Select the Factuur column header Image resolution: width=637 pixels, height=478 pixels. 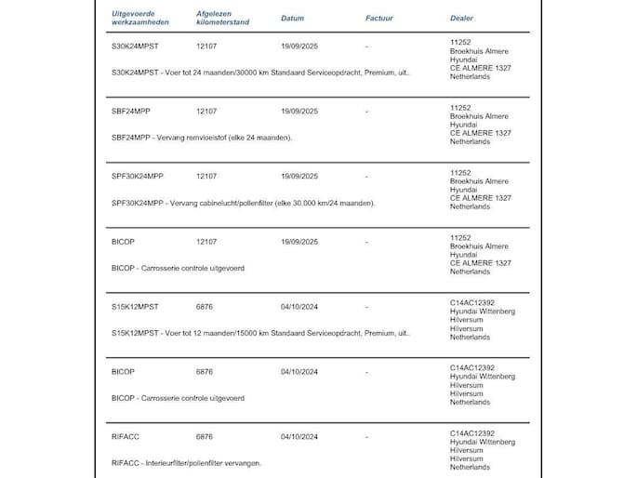click(x=378, y=18)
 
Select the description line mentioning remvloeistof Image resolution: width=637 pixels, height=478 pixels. click(x=202, y=138)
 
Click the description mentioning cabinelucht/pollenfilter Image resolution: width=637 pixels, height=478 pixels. click(x=243, y=203)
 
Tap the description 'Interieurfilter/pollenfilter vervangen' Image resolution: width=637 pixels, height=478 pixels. click(x=186, y=462)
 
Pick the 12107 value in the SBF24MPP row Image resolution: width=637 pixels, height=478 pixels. click(x=206, y=111)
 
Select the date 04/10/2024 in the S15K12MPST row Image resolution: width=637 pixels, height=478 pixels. click(x=299, y=306)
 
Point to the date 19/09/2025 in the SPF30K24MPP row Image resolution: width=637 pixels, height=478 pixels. click(x=299, y=176)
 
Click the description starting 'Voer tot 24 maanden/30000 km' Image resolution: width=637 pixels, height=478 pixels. click(x=260, y=72)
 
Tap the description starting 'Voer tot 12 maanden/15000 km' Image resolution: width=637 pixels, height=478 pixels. click(x=260, y=332)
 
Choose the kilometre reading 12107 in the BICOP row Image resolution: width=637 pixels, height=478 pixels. click(x=206, y=241)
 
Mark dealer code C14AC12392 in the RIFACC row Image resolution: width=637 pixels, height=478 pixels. click(x=471, y=432)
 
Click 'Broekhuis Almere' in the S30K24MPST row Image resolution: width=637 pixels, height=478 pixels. click(x=479, y=50)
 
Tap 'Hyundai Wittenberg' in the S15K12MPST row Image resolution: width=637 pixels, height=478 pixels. click(x=482, y=311)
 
